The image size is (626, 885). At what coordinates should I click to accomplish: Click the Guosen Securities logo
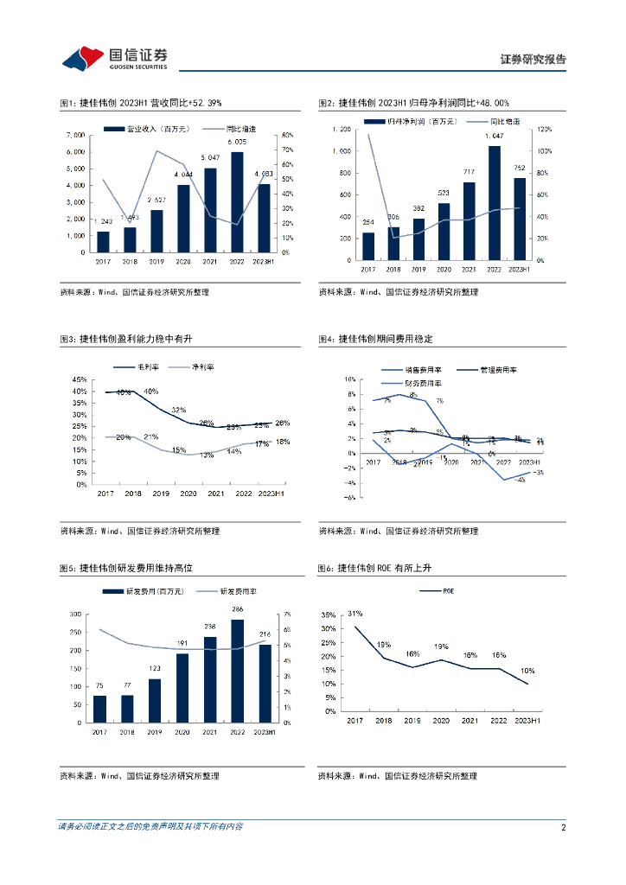[x=113, y=58]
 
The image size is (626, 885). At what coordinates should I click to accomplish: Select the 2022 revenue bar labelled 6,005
[x=236, y=202]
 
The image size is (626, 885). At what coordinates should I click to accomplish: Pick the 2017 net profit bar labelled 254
[x=368, y=245]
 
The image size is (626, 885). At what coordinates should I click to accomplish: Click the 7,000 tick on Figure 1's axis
[x=75, y=136]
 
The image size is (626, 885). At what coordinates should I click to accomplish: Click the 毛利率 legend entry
[x=142, y=367]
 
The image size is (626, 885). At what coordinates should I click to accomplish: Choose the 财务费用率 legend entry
[x=422, y=383]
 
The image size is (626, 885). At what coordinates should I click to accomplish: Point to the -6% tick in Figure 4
[x=349, y=498]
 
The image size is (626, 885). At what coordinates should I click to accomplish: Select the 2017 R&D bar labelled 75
[x=100, y=709]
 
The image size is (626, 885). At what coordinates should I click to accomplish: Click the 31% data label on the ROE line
[x=355, y=614]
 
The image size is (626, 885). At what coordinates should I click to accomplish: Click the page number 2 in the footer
[x=563, y=827]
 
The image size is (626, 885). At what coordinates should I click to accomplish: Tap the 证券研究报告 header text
[x=533, y=60]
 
